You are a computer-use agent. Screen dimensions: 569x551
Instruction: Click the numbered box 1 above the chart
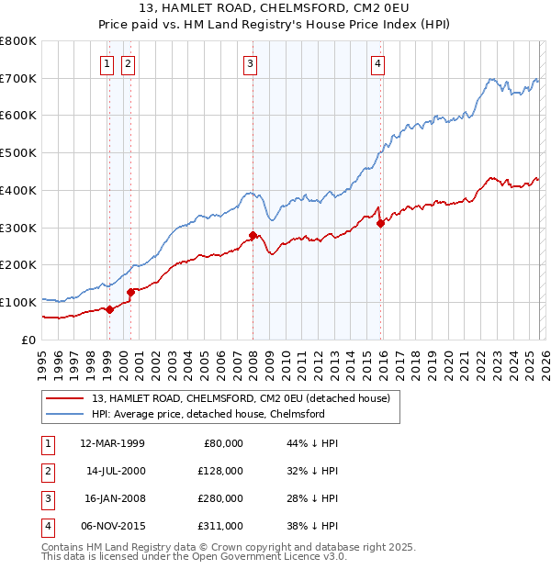[108, 63]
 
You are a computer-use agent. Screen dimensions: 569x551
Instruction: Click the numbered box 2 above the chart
[127, 63]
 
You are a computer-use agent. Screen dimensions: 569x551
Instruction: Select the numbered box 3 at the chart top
[250, 63]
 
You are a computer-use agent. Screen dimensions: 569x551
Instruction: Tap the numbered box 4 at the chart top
[377, 63]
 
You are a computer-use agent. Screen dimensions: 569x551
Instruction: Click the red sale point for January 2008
[253, 235]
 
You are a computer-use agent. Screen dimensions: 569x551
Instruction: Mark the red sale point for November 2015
[380, 223]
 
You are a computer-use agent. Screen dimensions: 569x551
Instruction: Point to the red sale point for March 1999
[109, 309]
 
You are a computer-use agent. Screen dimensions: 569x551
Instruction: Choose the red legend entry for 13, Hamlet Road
[241, 398]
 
